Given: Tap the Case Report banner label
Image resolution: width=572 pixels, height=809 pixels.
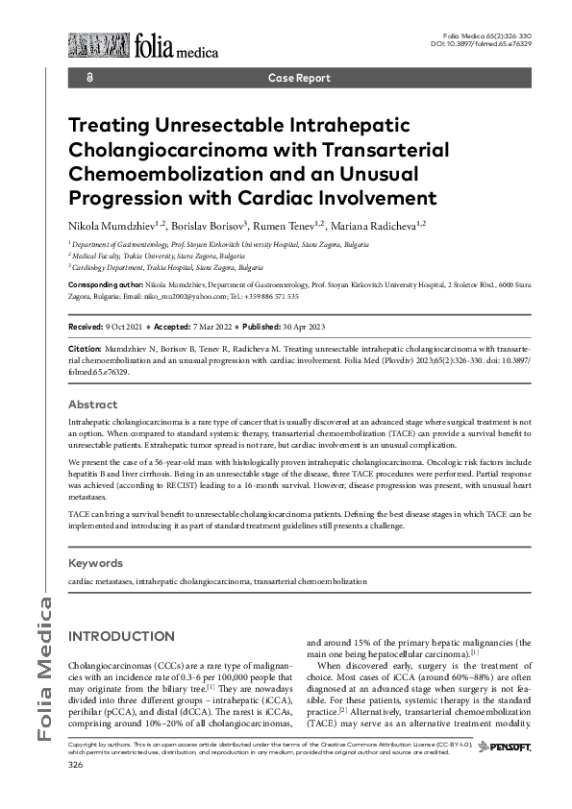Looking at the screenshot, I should pos(299,78).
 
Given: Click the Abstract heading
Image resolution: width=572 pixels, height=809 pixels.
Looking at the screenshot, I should pos(93,404).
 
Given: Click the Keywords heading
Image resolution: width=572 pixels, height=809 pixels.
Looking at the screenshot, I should pos(97,562).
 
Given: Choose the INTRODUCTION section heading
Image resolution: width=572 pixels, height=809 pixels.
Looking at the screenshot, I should pos(121,637).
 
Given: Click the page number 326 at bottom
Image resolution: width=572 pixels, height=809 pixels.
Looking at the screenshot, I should pos(76,765).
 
